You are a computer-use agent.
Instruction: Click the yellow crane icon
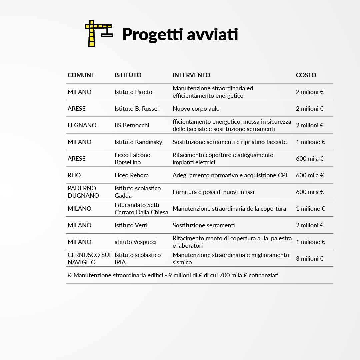click(x=98, y=33)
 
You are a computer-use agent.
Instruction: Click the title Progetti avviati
click(x=180, y=34)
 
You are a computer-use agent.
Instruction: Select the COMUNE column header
click(x=81, y=75)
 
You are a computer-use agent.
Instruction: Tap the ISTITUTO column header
click(x=128, y=75)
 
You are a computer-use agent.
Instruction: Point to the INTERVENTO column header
click(x=191, y=75)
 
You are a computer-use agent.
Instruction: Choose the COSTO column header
click(x=306, y=75)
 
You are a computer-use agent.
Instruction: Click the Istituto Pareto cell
click(x=133, y=92)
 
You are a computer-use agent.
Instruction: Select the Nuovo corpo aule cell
click(x=196, y=109)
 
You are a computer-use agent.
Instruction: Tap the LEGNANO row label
click(x=82, y=125)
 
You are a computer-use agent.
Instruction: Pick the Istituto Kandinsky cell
click(x=138, y=142)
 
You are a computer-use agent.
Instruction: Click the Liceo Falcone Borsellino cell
click(x=132, y=159)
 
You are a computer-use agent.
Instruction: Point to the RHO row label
click(x=74, y=175)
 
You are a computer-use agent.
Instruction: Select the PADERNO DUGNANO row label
click(x=83, y=192)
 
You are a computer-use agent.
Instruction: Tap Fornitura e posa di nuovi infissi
click(x=213, y=192)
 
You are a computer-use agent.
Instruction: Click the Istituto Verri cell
click(x=131, y=225)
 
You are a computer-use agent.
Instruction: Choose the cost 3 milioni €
click(x=310, y=259)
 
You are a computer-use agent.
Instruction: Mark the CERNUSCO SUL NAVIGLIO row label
click(x=90, y=259)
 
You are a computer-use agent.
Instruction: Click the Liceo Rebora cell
click(x=132, y=175)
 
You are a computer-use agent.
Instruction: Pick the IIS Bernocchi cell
click(x=132, y=125)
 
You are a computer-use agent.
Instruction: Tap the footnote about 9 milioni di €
click(x=173, y=275)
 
